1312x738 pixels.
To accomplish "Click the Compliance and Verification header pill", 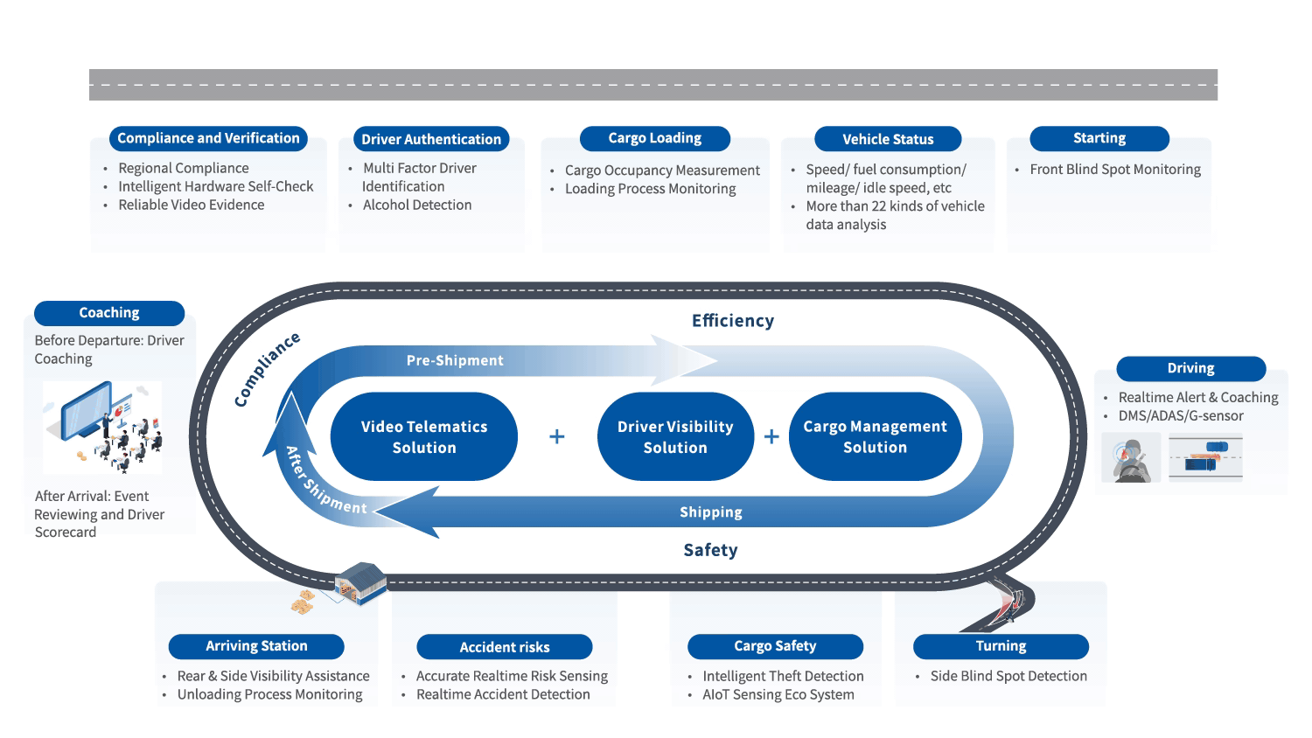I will (x=208, y=138).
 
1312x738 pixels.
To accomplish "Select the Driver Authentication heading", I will (x=431, y=139).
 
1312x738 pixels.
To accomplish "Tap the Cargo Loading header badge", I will (x=654, y=138).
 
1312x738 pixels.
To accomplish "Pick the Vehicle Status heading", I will (x=888, y=139).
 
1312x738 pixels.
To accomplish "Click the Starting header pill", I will (x=1099, y=138).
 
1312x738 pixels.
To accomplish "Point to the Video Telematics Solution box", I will (x=424, y=436).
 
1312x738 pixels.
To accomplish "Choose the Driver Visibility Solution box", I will (x=675, y=436).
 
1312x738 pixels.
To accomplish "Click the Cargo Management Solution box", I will (x=875, y=436).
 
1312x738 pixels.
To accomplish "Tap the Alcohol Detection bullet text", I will (x=417, y=205).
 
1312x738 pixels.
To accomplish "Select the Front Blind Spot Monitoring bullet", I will (x=1115, y=170).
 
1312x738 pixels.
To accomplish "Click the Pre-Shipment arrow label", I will (x=455, y=360).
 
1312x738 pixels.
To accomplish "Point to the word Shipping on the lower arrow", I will (x=711, y=512).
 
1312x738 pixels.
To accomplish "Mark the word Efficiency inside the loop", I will (x=733, y=321).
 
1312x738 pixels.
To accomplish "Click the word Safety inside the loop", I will (x=710, y=550).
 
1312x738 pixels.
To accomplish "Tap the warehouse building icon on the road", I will (x=360, y=582).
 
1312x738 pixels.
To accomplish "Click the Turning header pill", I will (x=1001, y=646).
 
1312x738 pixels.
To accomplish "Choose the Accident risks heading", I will (x=505, y=647).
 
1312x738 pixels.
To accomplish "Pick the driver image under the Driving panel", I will (x=1131, y=457).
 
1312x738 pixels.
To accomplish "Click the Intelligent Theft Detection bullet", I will (x=783, y=676).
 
